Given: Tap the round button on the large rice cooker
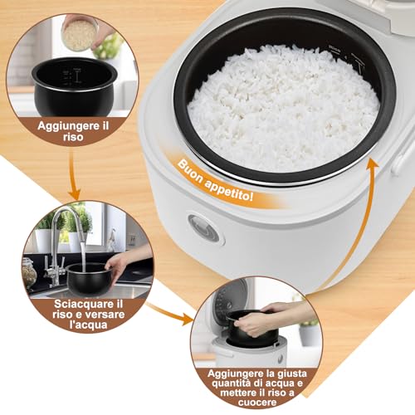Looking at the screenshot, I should (x=203, y=228).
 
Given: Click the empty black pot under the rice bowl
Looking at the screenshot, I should (x=74, y=84).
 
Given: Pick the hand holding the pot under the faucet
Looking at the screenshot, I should (x=124, y=261).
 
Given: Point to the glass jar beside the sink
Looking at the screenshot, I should (x=30, y=272).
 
